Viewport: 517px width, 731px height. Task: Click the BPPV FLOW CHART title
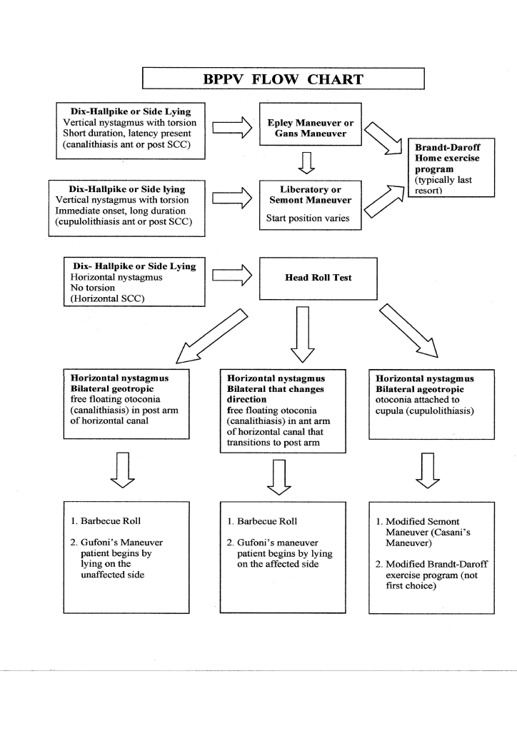click(283, 79)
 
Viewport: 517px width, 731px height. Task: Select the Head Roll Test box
click(318, 278)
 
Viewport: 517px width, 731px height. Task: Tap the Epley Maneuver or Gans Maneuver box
click(310, 124)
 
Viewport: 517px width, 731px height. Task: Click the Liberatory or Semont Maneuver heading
click(310, 195)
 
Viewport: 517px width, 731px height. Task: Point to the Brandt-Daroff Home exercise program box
click(451, 167)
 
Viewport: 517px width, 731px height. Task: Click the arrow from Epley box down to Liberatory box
click(306, 163)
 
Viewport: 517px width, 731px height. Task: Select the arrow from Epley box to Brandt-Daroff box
click(383, 138)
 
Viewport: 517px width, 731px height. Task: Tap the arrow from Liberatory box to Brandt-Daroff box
click(383, 201)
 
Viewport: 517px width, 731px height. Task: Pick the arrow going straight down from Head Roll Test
click(303, 334)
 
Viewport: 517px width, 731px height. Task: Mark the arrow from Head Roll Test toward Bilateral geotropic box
click(211, 336)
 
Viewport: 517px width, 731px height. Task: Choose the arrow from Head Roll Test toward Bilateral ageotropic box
click(409, 331)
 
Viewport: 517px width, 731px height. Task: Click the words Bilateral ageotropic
click(420, 389)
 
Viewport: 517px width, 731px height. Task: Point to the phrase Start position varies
click(308, 218)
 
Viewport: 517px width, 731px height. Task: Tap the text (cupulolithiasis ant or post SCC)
click(124, 221)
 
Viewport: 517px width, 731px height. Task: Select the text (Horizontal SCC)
click(107, 298)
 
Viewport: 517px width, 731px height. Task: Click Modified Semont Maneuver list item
click(423, 532)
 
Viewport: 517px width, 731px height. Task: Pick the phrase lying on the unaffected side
click(112, 569)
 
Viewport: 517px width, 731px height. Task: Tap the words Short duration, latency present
click(127, 133)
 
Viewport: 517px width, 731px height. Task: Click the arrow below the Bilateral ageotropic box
click(428, 470)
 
